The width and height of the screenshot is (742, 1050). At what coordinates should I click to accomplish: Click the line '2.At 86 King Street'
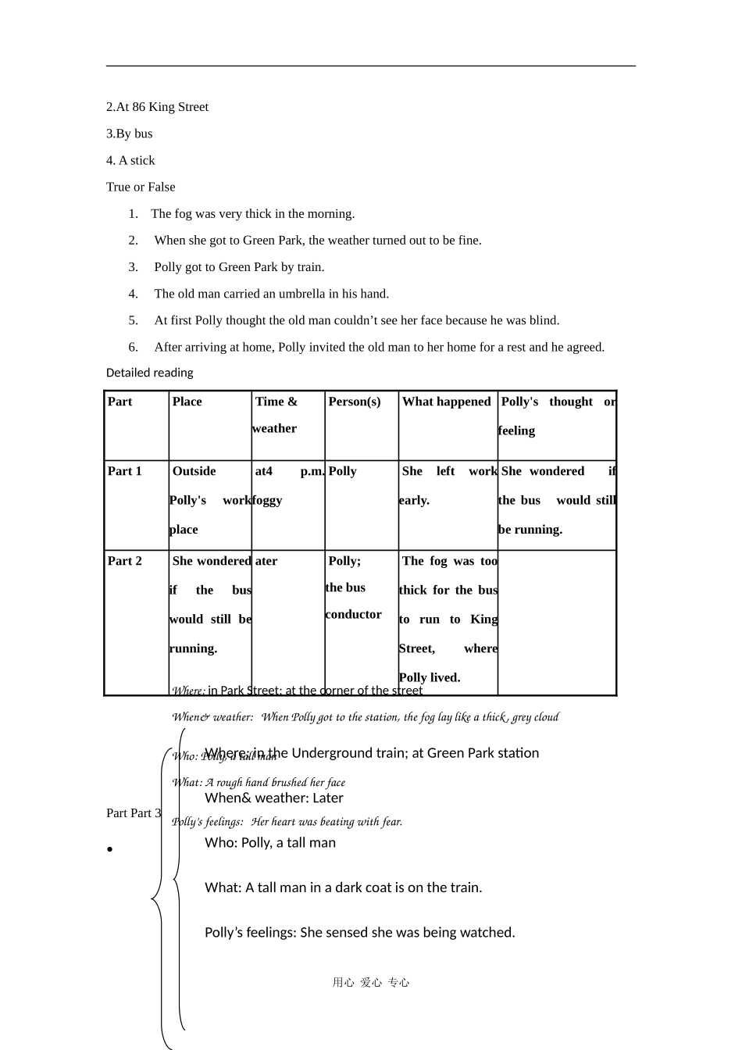click(157, 107)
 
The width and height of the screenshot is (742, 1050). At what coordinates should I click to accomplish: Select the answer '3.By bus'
click(130, 134)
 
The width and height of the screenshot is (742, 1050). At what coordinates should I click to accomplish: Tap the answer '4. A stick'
click(130, 160)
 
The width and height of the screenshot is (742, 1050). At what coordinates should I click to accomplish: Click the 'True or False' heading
click(141, 187)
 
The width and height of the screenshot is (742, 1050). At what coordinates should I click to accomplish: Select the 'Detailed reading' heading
click(149, 373)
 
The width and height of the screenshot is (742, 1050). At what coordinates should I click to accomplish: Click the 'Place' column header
click(187, 402)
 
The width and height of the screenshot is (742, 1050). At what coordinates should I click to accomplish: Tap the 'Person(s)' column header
click(355, 402)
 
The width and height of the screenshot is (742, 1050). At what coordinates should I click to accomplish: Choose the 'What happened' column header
click(446, 402)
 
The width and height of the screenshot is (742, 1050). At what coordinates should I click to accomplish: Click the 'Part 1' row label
click(125, 471)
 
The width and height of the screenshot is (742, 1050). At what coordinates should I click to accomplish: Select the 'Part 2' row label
click(125, 561)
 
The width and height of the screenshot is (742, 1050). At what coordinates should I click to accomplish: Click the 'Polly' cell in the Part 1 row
click(342, 471)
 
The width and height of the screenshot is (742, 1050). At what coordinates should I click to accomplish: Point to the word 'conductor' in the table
click(353, 614)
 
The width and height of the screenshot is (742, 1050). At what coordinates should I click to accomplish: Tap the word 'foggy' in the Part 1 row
click(267, 500)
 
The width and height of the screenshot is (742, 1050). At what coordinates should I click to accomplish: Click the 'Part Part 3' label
click(134, 813)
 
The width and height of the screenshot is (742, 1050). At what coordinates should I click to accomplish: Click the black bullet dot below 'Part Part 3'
click(111, 850)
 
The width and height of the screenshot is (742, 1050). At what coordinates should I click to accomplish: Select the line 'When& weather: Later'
click(273, 798)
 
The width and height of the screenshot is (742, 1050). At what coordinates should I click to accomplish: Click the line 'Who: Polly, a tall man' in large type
click(270, 842)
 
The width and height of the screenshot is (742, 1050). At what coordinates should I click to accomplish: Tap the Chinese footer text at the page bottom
click(371, 983)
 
